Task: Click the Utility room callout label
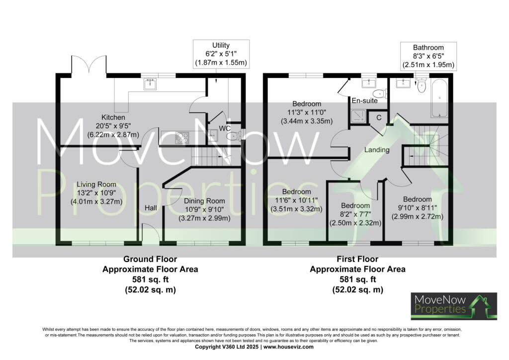point(221,54)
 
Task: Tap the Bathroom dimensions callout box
point(428,56)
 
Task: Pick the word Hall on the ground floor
point(151,208)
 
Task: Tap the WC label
point(225,129)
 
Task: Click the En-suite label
point(364,100)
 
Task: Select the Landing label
point(377,150)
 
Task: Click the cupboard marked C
point(378,117)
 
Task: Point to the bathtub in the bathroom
point(439,98)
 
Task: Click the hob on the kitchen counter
point(182,138)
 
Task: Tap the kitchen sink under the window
point(150,84)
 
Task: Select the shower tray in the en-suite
point(358,116)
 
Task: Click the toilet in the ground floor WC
point(234,136)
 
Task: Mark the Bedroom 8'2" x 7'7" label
point(355,214)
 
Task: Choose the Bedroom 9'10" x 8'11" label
point(418,208)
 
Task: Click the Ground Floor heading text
point(150,259)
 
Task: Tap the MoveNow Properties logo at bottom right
point(454,306)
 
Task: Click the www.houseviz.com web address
point(288,347)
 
